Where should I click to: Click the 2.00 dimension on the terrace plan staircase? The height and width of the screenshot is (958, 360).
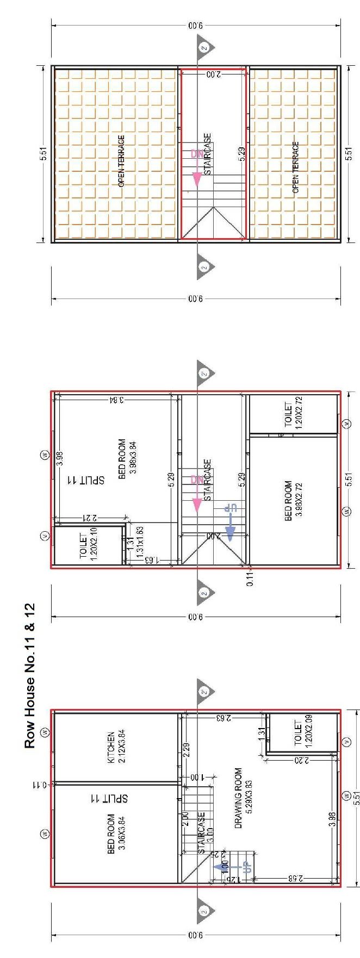point(213,73)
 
